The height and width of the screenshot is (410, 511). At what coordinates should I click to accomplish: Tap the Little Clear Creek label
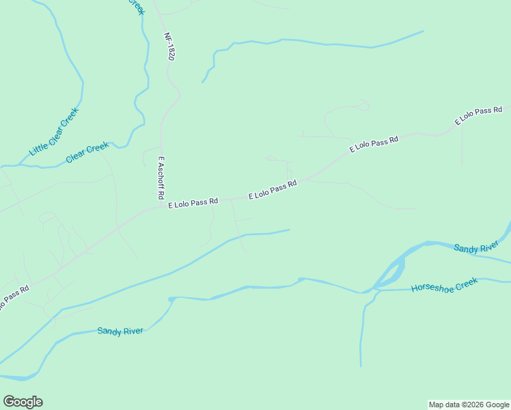(55, 131)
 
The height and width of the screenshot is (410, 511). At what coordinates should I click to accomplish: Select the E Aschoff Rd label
(161, 178)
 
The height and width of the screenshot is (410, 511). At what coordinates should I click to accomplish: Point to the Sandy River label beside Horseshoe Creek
(477, 247)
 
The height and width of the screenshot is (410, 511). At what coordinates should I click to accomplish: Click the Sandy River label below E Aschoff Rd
(120, 331)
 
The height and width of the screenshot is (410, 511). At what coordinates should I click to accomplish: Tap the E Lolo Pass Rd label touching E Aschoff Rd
(193, 202)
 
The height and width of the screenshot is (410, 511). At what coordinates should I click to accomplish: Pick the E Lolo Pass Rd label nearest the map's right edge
(479, 115)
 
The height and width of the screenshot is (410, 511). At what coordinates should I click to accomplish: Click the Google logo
(23, 402)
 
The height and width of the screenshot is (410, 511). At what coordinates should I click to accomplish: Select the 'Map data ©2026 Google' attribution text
(469, 405)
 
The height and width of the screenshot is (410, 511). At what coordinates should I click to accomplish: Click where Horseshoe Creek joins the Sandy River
(374, 290)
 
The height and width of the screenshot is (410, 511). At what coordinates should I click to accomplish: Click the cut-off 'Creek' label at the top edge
(137, 5)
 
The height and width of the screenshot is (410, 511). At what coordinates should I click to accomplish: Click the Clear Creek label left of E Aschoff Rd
(87, 152)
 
